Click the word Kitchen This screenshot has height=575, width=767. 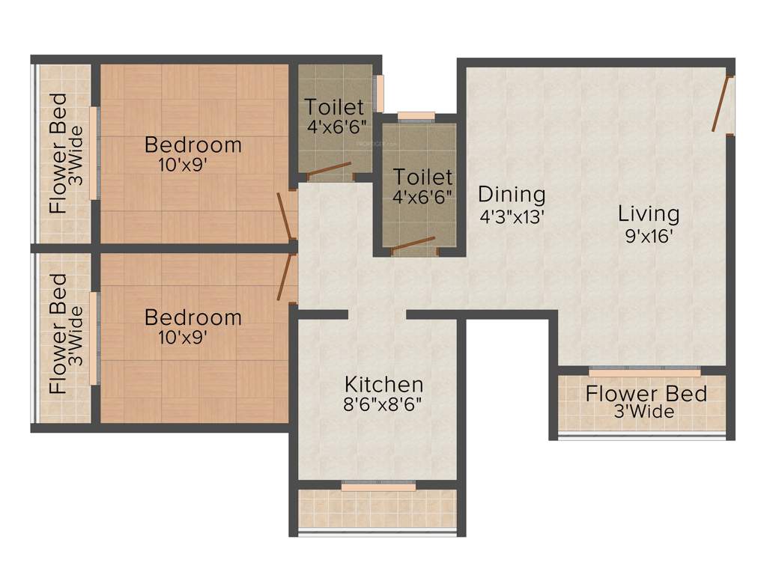click(x=383, y=385)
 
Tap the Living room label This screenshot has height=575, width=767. click(x=649, y=213)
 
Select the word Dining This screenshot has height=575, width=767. click(x=512, y=195)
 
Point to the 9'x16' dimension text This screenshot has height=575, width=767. click(x=649, y=237)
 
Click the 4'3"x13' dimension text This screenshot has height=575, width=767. click(x=512, y=217)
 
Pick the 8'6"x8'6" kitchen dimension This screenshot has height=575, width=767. click(x=383, y=407)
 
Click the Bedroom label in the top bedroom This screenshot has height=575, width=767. click(x=193, y=144)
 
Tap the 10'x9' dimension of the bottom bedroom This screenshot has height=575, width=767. click(x=182, y=338)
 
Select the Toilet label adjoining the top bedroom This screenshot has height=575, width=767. click(x=334, y=107)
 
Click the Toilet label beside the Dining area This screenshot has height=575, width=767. click(x=423, y=177)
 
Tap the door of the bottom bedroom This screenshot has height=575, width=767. click(x=285, y=277)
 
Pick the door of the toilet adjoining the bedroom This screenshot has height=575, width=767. click(x=329, y=170)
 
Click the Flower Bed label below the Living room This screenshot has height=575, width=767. click(x=646, y=393)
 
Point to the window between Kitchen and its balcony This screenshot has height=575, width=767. click(x=378, y=487)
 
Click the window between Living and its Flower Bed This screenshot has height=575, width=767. click(x=644, y=371)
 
